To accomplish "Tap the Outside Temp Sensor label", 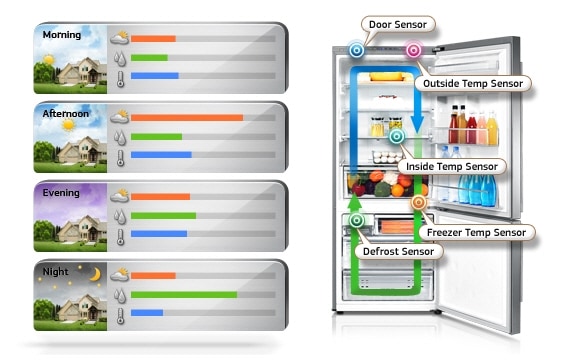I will pyautogui.click(x=473, y=84).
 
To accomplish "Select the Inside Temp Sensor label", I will pyautogui.click(x=457, y=165).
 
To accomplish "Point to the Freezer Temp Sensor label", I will pyautogui.click(x=475, y=232).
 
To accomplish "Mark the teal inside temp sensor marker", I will pyautogui.click(x=396, y=136).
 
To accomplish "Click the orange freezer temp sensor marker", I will pyautogui.click(x=418, y=203).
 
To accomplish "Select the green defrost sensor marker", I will pyautogui.click(x=357, y=220).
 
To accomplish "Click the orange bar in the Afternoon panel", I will pyautogui.click(x=187, y=117).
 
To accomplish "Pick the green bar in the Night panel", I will pyautogui.click(x=184, y=295).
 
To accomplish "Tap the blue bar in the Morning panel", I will pyautogui.click(x=155, y=76).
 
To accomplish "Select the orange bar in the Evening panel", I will pyautogui.click(x=160, y=197).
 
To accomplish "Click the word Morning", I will pyautogui.click(x=62, y=35).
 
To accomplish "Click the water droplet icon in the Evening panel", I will pyautogui.click(x=120, y=216).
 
